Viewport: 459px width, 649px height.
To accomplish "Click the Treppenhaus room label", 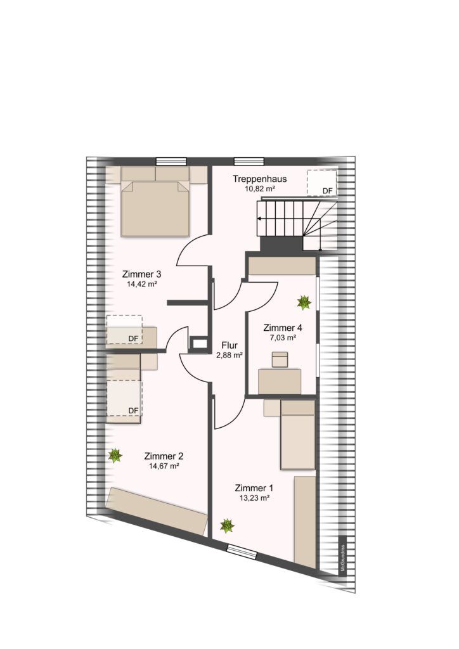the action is click(259, 179).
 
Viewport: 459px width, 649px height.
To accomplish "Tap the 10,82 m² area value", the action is click(260, 189).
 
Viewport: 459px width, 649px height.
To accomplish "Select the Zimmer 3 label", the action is click(141, 274).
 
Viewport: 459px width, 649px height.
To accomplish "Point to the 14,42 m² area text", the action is click(142, 284).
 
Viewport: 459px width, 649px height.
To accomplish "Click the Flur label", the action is click(229, 345).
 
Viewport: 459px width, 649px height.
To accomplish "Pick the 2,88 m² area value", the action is click(229, 355).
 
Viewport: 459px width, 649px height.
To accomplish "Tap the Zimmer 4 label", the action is click(283, 328).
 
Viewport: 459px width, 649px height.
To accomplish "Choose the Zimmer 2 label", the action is click(164, 456).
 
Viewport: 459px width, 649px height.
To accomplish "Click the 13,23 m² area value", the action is click(254, 498).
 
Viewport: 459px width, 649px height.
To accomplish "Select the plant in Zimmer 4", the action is click(304, 302).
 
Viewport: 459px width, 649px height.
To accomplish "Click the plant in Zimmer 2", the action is click(115, 456).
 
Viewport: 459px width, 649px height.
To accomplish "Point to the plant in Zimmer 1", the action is click(227, 526).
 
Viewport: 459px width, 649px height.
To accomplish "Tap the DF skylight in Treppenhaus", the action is click(321, 183).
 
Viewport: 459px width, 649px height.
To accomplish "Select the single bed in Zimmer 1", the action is click(297, 435).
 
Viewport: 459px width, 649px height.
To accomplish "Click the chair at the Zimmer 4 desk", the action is click(280, 359).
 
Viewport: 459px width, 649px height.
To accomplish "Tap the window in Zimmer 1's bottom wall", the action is click(242, 552).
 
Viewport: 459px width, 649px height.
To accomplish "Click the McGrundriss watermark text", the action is click(342, 558).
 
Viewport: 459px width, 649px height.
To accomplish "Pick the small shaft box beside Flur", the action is click(199, 343).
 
